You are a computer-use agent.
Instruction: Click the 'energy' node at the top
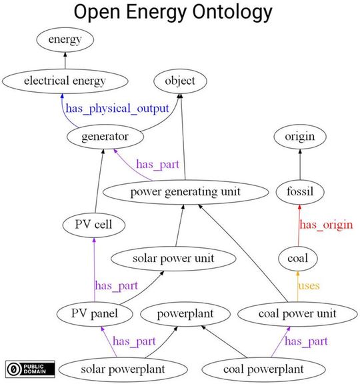point(65,40)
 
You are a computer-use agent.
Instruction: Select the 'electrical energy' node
point(65,81)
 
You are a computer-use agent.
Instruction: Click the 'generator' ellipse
point(107,137)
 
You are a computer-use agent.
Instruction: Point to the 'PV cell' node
point(93,225)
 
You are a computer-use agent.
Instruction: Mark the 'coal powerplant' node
point(263,368)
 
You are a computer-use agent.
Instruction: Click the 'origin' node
point(299,137)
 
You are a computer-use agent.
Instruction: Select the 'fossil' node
point(299,192)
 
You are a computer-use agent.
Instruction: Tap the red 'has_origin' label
point(326,225)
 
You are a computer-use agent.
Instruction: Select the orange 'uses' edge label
point(309,285)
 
